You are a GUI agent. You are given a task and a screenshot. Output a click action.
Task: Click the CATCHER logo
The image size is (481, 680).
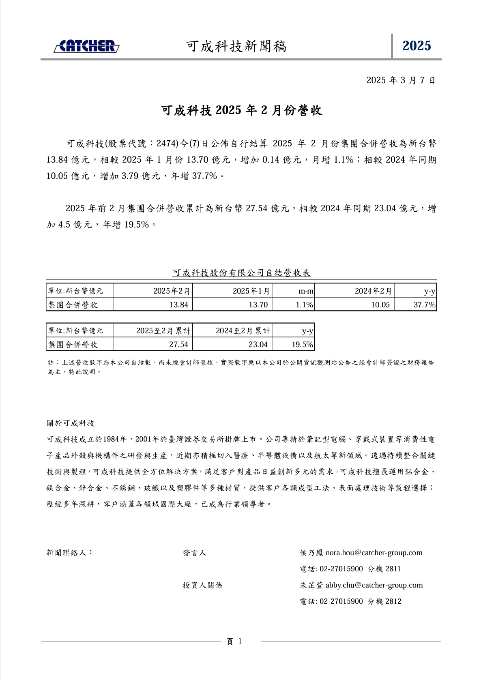[86, 46]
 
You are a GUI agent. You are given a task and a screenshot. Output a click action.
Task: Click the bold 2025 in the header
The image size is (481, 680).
[417, 46]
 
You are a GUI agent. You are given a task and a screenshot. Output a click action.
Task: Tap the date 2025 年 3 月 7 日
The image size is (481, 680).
[401, 80]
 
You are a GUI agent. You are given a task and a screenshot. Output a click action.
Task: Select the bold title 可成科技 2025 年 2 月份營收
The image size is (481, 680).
[241, 110]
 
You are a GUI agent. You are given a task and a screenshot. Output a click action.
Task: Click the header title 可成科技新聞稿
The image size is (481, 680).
[236, 47]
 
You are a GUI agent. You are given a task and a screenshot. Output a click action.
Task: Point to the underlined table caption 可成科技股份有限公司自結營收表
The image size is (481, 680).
[241, 273]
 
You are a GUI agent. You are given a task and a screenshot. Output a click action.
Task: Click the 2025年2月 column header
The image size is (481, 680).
[172, 291]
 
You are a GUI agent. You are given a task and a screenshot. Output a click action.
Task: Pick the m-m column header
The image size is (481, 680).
[306, 291]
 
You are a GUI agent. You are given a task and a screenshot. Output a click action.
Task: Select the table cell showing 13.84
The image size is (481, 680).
[179, 305]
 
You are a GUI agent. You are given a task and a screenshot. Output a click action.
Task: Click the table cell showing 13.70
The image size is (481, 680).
[258, 305]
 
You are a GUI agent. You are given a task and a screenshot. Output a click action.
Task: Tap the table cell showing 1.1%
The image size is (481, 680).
[304, 305]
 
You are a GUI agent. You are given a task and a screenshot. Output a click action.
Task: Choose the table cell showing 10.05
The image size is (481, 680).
[380, 305]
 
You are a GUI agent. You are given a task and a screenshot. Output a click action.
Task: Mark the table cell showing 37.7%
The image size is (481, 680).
[424, 305]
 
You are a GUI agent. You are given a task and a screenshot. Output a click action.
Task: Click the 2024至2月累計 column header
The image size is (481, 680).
[243, 330]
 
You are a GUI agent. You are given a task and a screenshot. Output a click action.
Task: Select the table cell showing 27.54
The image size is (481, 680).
[179, 344]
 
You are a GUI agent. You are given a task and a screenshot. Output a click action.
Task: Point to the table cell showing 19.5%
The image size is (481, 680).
[302, 344]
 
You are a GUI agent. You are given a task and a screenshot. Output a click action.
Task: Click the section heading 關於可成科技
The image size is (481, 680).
[71, 423]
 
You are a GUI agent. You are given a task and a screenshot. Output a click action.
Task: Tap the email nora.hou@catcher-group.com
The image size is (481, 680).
[374, 553]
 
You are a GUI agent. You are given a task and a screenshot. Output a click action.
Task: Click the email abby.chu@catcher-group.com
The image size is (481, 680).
[374, 585]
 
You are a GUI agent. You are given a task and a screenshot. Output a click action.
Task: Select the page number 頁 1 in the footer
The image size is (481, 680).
[234, 641]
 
